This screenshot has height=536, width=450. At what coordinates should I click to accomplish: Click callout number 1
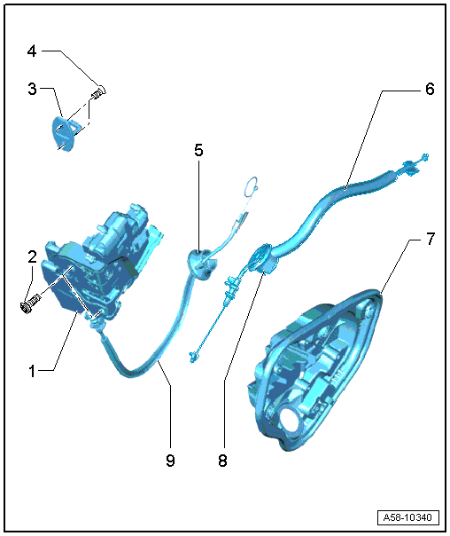click(32, 371)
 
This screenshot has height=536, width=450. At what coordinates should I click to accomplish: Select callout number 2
click(33, 256)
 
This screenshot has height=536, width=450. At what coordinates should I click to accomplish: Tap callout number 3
click(32, 89)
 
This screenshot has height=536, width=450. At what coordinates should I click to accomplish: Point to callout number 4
click(32, 51)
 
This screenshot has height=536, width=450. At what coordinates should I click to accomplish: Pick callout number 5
click(198, 150)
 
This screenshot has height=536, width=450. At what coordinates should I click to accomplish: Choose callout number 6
click(430, 90)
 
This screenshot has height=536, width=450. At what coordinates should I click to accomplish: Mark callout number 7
click(431, 239)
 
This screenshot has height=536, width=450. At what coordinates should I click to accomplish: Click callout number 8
click(222, 461)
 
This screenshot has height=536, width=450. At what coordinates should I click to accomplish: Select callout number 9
click(170, 461)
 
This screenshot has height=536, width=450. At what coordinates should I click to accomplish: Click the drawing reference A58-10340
click(407, 517)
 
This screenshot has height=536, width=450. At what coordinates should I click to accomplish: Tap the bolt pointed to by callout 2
click(30, 303)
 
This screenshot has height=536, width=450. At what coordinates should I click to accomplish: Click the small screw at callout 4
click(98, 92)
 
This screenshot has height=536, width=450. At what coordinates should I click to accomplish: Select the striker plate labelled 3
click(66, 133)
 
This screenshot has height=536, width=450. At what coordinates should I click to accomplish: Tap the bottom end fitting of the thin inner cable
click(194, 357)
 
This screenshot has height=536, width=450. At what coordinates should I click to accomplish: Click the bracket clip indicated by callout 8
click(263, 259)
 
